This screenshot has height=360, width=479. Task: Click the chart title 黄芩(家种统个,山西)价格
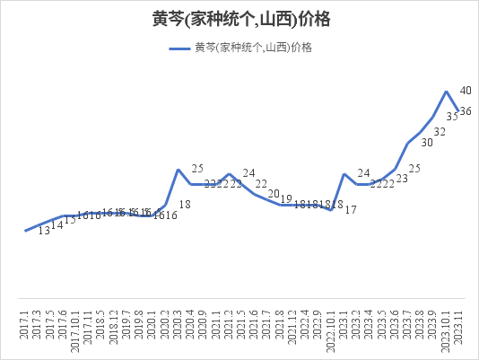[x=239, y=19]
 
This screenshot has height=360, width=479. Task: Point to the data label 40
[x=466, y=91]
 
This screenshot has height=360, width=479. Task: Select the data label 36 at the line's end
[x=466, y=111]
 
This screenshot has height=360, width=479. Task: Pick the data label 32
[x=440, y=132]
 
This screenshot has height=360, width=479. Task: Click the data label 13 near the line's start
[x=44, y=231]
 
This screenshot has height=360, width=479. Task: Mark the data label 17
[x=351, y=210]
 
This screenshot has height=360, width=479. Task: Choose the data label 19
[x=286, y=198]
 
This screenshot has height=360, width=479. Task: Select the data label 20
[x=274, y=194]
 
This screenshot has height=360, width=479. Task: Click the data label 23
[x=401, y=180]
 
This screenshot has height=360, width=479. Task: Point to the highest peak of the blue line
[x=447, y=92]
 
